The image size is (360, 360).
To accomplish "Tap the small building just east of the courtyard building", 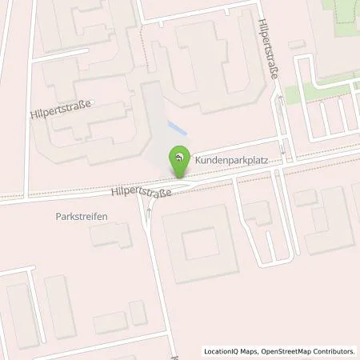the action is (258, 214).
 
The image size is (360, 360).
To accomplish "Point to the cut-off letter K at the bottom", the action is (172, 352).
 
